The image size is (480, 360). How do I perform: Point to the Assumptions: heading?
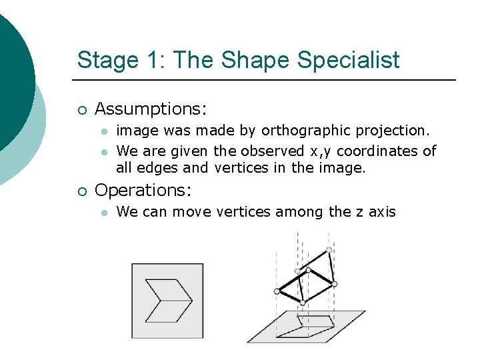pyautogui.click(x=151, y=108)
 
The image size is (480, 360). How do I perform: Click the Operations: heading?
pyautogui.click(x=143, y=190)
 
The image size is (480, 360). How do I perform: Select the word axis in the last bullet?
pyautogui.click(x=383, y=212)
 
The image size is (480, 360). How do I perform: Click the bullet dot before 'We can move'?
pyautogui.click(x=103, y=213)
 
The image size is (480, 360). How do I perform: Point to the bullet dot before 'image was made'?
pyautogui.click(x=103, y=131)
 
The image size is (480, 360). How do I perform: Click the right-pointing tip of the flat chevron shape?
pyautogui.click(x=193, y=300)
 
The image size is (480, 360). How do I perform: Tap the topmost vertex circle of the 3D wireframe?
pyautogui.click(x=329, y=251)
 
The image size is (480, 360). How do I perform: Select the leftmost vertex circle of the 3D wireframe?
pyautogui.click(x=277, y=291)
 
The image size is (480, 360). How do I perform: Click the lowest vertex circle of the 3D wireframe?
pyautogui.click(x=302, y=303)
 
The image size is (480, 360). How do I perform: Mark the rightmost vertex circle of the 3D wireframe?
pyautogui.click(x=335, y=283)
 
